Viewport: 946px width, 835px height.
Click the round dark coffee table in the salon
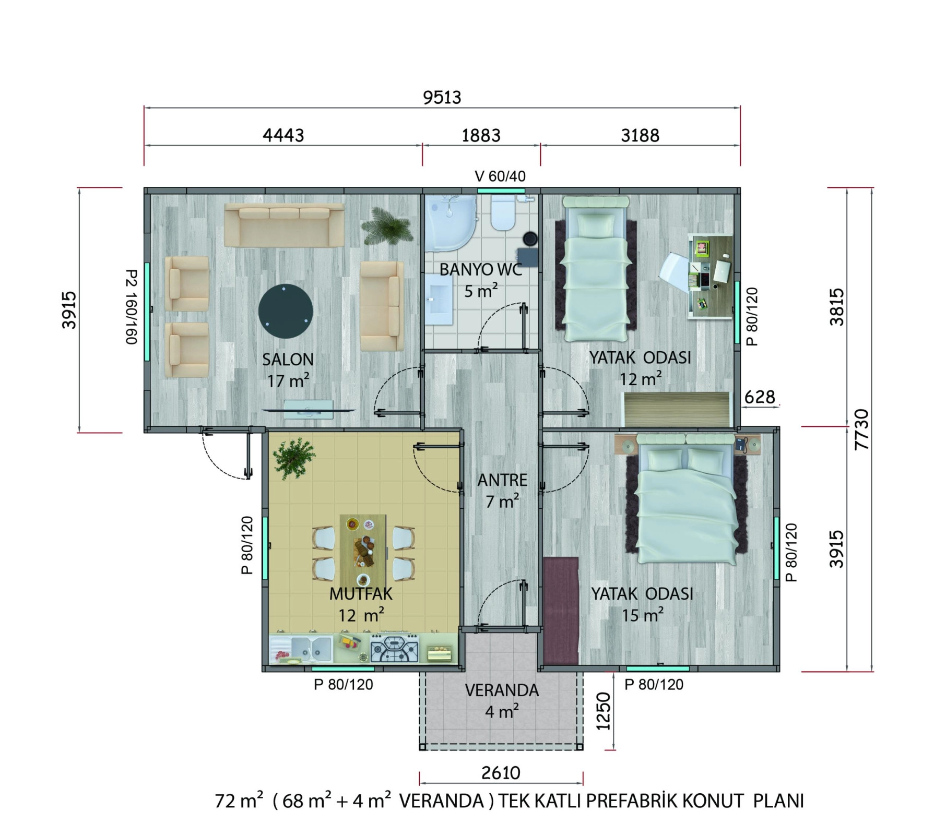(286, 312)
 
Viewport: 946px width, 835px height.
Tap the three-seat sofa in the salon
(285, 225)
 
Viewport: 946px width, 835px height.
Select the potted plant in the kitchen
(294, 458)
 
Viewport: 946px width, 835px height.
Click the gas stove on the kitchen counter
(395, 648)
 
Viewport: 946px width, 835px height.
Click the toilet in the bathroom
(503, 212)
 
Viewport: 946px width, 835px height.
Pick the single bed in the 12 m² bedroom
(595, 269)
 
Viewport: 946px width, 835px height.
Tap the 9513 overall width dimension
(442, 98)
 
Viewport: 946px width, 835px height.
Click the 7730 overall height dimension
(862, 430)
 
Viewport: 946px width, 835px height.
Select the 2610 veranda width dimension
(501, 773)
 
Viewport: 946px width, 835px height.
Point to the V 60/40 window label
(500, 176)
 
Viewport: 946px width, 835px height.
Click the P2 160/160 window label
(132, 307)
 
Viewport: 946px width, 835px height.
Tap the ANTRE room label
(502, 480)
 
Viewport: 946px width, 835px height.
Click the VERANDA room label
(502, 690)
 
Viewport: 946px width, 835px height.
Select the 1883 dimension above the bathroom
(481, 136)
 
